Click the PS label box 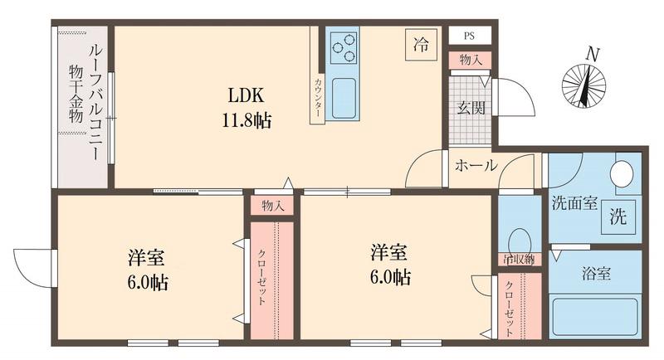[470, 36]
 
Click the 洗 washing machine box [619, 216]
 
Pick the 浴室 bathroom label [595, 273]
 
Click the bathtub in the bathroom [595, 319]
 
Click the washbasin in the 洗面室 [621, 175]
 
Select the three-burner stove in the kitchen [342, 48]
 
